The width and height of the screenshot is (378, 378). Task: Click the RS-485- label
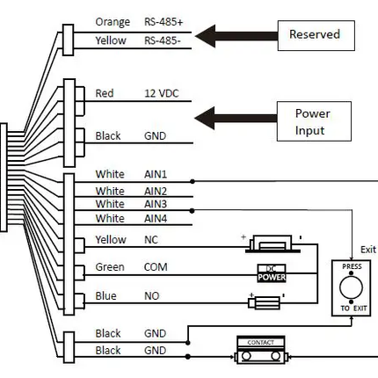(164, 40)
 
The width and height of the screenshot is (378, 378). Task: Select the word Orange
(112, 21)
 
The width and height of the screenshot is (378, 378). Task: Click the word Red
(104, 92)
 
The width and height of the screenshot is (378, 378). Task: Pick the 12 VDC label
(162, 92)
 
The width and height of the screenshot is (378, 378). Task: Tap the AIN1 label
(156, 175)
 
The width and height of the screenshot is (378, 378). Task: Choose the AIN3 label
(156, 204)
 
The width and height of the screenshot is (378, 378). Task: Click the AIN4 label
(156, 218)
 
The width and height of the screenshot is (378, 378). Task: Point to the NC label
(150, 239)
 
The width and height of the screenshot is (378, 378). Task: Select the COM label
(155, 267)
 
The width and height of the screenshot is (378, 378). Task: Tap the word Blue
(105, 297)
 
